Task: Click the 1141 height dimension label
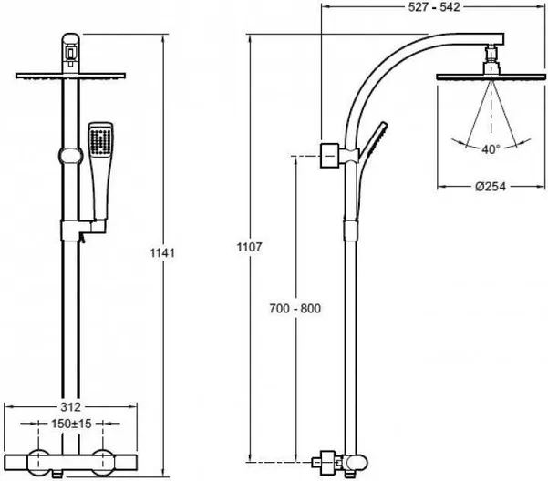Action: coord(162,252)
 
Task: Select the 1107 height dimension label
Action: coord(249,247)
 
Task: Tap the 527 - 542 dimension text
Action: coord(434,7)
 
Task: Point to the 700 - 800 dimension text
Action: coord(295,309)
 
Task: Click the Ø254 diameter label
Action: coord(491,187)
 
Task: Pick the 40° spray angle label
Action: coord(491,149)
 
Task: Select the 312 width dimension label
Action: coord(70,406)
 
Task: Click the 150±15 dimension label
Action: coord(71,424)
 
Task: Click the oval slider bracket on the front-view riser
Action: coord(70,156)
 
